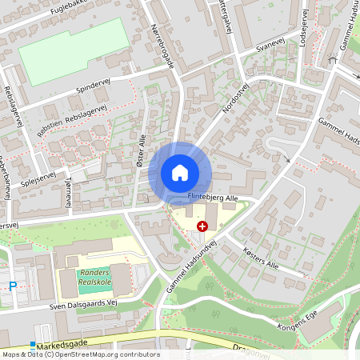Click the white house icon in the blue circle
click(180, 173)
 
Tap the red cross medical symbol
click(202, 228)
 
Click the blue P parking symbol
click(12, 285)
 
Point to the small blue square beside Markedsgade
click(33, 345)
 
